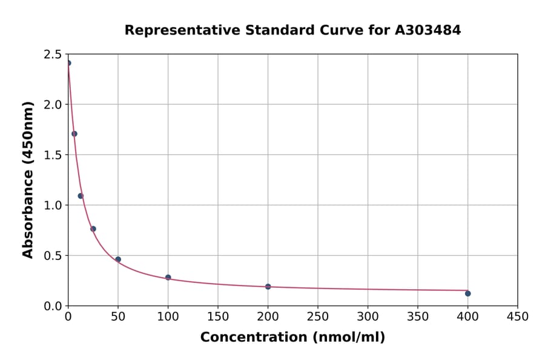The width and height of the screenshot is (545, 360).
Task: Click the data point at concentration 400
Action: [x=467, y=293]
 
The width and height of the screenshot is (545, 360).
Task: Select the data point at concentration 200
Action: [x=268, y=287]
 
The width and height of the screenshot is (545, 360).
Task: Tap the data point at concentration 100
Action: [x=168, y=278]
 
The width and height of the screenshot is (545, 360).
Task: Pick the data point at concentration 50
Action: [x=118, y=259]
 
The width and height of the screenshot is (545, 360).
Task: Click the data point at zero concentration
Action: [x=68, y=63]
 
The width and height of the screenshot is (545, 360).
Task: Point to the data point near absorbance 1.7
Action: [x=74, y=134]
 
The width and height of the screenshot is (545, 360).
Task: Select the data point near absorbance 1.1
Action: [x=81, y=196]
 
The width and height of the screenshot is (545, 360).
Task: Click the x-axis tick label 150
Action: [x=218, y=316]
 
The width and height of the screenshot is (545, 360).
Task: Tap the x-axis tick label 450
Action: [x=517, y=316]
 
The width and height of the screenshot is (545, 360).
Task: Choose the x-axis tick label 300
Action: [x=368, y=316]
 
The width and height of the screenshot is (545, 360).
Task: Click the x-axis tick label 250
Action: [x=318, y=316]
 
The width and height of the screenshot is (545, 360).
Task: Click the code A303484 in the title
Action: [x=428, y=30]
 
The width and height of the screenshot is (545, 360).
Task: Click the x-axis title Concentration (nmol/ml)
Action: [x=292, y=337]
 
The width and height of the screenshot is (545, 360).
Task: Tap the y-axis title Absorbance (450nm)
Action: [x=28, y=180]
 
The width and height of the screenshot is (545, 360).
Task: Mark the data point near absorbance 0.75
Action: [x=93, y=229]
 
